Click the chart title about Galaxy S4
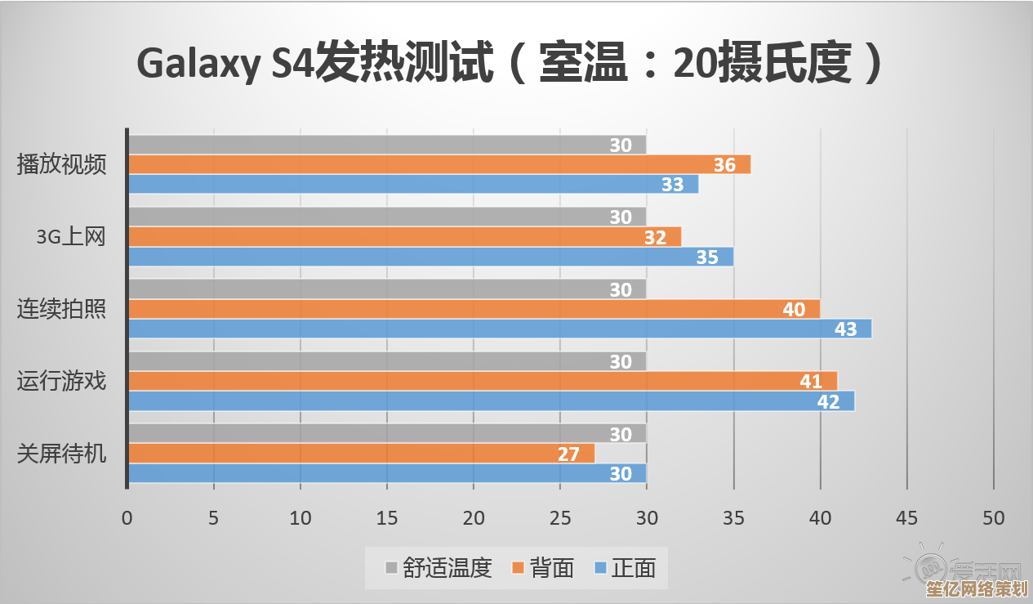[x=510, y=64]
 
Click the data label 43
[x=845, y=329]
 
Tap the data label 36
[x=724, y=165]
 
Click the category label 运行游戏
[x=62, y=381]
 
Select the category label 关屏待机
[x=62, y=453]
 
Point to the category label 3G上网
[x=71, y=237]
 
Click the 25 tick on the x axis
[x=559, y=518]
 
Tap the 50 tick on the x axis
[x=993, y=518]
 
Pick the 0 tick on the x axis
[x=127, y=518]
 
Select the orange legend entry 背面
[x=543, y=568]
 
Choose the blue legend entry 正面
[x=625, y=568]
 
